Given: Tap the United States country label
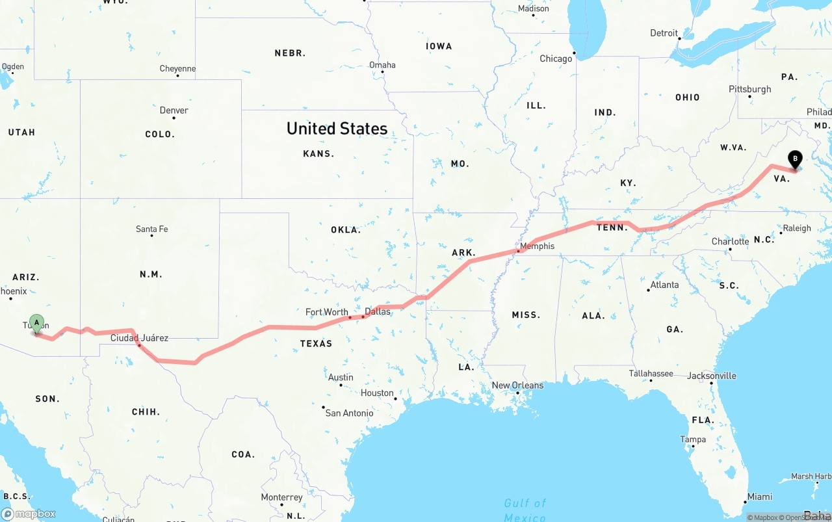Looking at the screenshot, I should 337,129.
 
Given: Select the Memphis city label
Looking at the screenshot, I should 538,246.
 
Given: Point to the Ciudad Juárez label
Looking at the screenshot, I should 139,337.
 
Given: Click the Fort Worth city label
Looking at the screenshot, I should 326,312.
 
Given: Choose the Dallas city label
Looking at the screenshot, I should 378,311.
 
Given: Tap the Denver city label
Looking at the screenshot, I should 174,111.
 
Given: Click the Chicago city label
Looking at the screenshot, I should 556,59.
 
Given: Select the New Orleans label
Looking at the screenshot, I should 517,385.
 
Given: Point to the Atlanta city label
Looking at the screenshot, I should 664,285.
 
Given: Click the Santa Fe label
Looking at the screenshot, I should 151,229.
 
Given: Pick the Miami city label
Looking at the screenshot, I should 759,497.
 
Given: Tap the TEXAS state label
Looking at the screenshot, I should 316,343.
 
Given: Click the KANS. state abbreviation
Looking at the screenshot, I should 318,154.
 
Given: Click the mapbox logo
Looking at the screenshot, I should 29,514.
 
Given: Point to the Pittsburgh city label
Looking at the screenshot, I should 749,89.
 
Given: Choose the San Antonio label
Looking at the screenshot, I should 349,413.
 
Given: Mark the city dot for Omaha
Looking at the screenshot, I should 382,72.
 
